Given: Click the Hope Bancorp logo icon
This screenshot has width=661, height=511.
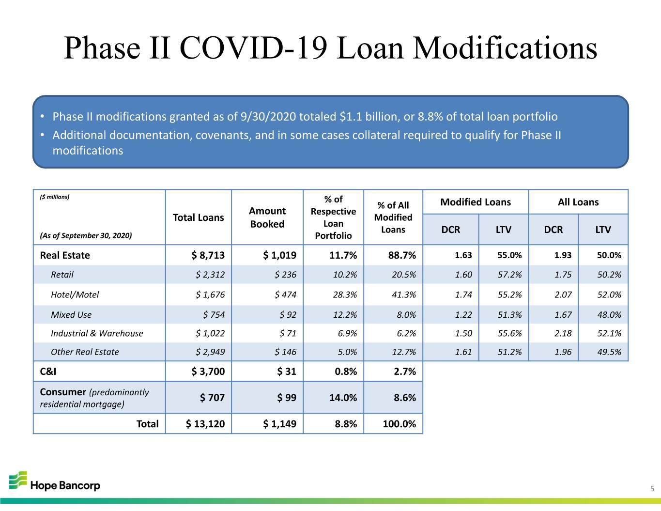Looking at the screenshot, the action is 18,480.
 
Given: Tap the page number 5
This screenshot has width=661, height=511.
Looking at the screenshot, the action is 652,489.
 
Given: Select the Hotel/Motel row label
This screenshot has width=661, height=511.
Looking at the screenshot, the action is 75,294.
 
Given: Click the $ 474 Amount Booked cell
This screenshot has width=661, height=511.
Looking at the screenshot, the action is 285,294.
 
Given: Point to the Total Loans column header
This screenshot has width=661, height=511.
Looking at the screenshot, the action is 199,217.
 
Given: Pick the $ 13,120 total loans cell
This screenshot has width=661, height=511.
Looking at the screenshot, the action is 205,424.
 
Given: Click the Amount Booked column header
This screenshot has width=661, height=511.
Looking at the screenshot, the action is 267,217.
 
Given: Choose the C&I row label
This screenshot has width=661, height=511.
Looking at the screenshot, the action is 48,372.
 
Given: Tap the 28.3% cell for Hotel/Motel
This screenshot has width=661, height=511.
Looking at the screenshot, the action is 345,294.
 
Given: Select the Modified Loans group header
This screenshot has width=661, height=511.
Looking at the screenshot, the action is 476,202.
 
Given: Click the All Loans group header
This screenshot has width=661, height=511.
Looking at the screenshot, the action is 578,202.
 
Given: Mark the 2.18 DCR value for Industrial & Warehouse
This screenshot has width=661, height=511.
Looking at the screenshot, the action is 563,333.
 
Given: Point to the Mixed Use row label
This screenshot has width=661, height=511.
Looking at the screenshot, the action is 71,314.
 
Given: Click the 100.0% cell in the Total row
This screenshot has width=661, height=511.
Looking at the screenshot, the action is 399,424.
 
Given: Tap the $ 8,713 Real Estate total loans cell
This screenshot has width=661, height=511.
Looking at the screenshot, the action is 208,255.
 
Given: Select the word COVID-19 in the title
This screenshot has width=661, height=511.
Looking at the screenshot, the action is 253,48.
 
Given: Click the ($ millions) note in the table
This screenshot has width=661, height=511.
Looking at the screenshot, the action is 55,197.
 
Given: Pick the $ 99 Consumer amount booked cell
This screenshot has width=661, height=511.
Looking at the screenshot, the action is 287,398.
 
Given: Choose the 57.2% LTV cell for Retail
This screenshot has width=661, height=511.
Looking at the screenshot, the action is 509,275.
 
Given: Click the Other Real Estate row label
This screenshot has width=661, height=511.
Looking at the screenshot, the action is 85,352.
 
